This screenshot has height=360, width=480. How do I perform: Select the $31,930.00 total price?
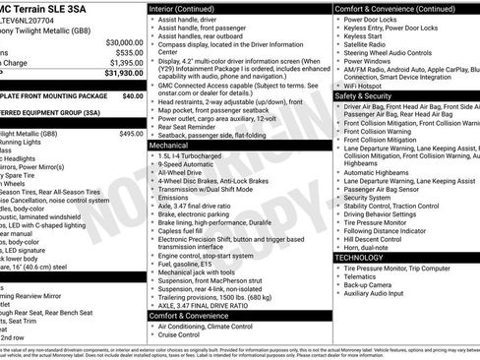tap(116, 72)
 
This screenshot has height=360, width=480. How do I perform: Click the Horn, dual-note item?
tap(367, 246)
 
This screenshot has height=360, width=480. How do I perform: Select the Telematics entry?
tap(363, 275)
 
